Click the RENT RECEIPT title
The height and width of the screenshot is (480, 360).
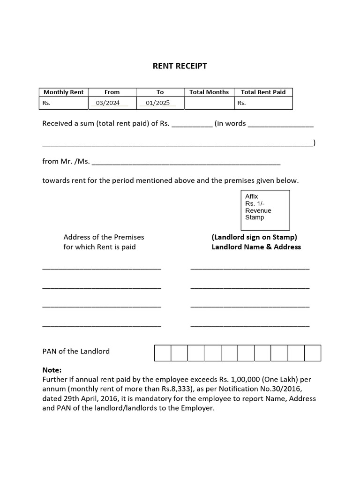180,66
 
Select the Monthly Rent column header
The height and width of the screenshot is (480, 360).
63,92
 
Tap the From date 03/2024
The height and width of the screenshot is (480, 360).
108,103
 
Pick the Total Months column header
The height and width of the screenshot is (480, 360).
209,92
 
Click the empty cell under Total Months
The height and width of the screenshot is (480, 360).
209,103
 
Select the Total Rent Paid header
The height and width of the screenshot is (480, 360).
263,92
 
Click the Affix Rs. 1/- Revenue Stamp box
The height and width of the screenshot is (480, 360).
264,209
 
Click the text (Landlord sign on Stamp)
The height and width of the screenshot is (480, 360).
254,237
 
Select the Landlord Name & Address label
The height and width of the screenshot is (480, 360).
256,247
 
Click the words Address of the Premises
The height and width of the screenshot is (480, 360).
104,237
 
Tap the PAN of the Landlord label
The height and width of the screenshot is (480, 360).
76,351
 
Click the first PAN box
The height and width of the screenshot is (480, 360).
163,353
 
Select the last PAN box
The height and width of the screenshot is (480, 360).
313,353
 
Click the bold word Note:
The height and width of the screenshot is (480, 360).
52,370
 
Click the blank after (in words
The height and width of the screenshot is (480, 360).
280,125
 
